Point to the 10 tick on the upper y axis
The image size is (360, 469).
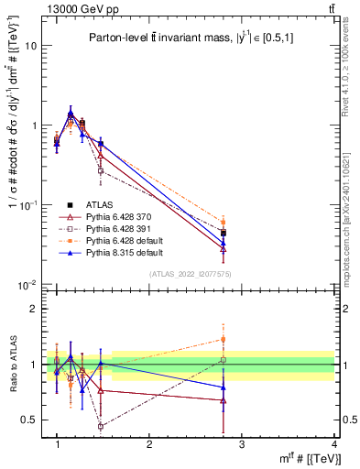pos(30,45)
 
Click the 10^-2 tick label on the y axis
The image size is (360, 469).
pos(27,286)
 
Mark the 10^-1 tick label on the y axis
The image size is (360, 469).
pos(27,205)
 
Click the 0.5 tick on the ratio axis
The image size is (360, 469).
pos(28,420)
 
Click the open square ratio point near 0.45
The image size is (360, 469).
pos(101,427)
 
